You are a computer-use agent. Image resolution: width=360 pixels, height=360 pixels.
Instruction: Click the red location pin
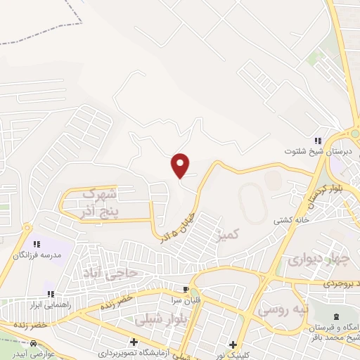(181, 165)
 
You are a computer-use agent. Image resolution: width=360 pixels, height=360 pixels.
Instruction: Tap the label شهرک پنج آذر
(98, 202)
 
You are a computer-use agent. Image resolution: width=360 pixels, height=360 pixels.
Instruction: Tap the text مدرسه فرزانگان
(38, 254)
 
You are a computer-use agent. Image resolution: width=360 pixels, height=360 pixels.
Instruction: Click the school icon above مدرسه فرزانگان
(37, 243)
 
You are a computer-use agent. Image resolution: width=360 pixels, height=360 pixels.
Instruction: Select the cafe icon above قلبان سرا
(186, 290)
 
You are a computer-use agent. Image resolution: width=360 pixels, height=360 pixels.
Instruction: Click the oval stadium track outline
(253, 205)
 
